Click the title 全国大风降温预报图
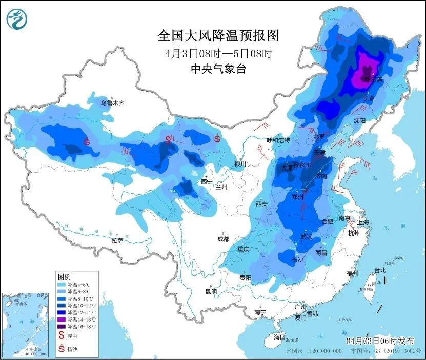click(218, 36)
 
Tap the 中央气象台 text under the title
click(218, 69)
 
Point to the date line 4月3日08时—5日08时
click(218, 53)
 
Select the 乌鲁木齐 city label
click(112, 103)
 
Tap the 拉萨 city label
click(117, 240)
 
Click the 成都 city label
click(223, 238)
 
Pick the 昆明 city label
click(211, 291)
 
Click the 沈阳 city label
click(360, 120)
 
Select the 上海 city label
click(363, 222)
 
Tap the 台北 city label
click(379, 270)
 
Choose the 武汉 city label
click(308, 236)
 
